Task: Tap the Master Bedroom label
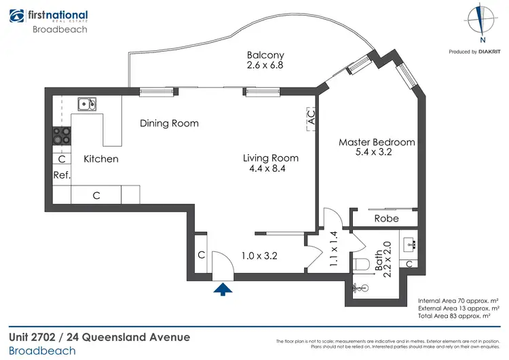pyautogui.click(x=377, y=142)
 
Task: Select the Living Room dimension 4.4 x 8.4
pyautogui.click(x=271, y=168)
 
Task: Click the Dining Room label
pyautogui.click(x=169, y=123)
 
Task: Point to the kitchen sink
pyautogui.click(x=86, y=104)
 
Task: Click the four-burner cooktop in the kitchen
pyautogui.click(x=62, y=135)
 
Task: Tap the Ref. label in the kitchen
pyautogui.click(x=62, y=175)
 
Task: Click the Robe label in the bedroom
pyautogui.click(x=386, y=218)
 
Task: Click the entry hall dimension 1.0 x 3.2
pyautogui.click(x=260, y=256)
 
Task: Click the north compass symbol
pyautogui.click(x=481, y=19)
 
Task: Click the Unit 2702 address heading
pyautogui.click(x=99, y=338)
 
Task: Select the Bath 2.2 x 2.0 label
pyautogui.click(x=383, y=257)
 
